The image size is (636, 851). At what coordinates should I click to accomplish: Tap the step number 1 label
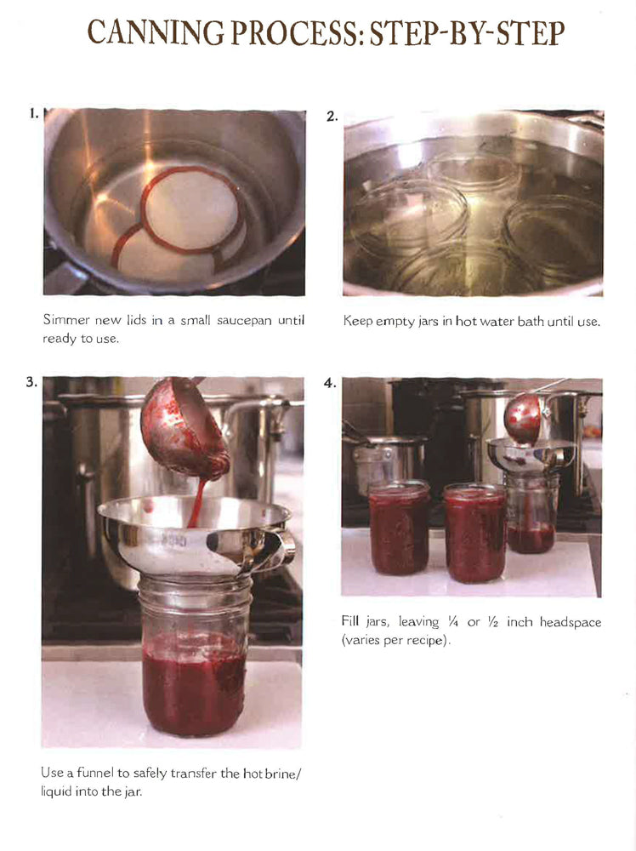[33, 113]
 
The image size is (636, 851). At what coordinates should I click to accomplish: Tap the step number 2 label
[332, 117]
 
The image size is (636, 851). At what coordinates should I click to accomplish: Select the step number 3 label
[31, 382]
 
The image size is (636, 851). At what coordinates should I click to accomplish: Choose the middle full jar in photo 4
[474, 532]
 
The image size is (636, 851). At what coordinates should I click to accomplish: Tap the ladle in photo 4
[522, 417]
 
